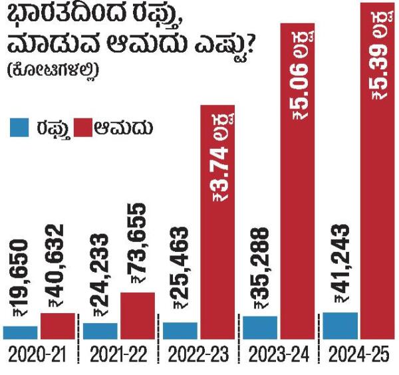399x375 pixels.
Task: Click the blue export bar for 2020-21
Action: tap(20, 332)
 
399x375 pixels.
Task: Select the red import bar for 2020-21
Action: tap(57, 326)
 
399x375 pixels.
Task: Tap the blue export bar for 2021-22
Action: tap(100, 330)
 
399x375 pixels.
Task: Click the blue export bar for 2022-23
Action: tap(180, 330)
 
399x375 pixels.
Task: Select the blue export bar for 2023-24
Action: tap(259, 327)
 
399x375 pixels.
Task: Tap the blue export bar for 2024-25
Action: tap(339, 325)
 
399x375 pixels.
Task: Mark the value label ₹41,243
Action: tap(339, 265)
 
